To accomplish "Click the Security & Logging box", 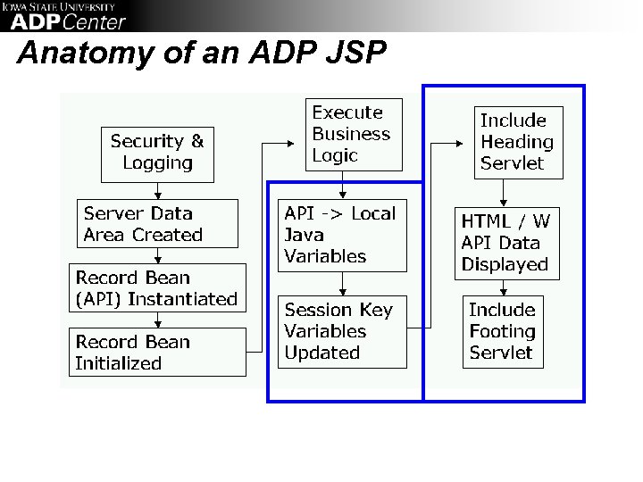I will point(157,152).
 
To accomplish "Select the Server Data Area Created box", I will point(157,223).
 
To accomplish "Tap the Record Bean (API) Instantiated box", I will point(157,287).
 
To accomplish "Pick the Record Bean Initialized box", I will point(157,352).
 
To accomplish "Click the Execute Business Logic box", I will point(354,134).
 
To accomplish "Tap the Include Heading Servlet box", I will point(516,142).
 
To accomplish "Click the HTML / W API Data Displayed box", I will point(505,242).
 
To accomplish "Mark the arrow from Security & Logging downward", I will point(157,188).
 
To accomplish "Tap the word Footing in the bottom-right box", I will point(502,331).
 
